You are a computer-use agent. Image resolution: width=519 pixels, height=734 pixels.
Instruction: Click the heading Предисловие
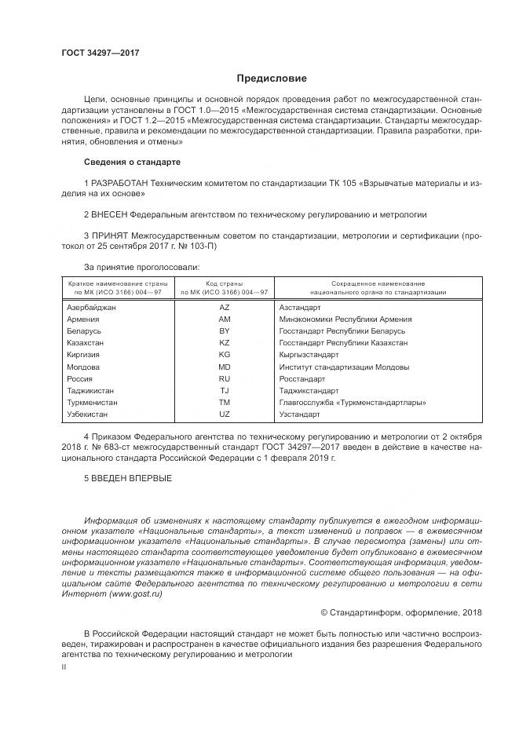pos(272,79)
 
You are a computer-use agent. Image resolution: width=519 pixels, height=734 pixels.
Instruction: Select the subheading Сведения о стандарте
pos(132,162)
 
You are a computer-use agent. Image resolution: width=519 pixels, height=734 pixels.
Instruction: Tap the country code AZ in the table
pos(225,308)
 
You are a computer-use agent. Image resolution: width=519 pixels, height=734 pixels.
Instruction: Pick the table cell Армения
pos(83,320)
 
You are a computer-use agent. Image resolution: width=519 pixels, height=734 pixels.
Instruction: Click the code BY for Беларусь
pos(225,331)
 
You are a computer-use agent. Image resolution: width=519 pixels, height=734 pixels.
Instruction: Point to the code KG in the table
pos(225,355)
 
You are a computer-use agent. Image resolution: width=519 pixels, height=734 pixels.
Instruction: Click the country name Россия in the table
pos(81,378)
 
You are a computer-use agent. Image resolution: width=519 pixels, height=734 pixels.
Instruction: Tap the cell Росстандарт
pos(302,378)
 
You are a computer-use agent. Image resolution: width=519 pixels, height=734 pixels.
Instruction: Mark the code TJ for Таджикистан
pos(225,390)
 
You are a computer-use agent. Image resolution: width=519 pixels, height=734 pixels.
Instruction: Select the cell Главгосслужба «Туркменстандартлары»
pos(353,402)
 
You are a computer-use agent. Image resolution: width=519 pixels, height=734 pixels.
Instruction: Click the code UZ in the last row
pos(225,414)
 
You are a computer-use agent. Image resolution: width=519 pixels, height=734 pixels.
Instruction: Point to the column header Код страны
pos(225,283)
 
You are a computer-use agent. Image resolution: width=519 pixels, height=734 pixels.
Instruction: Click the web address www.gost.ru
pos(134,595)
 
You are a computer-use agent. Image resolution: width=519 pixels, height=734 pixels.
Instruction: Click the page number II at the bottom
pos(64,666)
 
